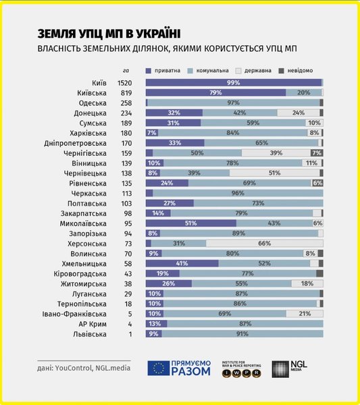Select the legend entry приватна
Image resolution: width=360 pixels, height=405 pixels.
[167, 70]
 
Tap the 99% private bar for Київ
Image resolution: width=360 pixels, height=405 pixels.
[234, 82]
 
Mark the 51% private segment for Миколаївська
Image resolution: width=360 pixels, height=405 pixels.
[191, 223]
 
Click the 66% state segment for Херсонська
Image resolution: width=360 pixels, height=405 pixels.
[264, 243]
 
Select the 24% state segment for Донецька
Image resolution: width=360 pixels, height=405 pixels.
[299, 113]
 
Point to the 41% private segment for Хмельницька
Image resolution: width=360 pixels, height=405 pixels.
[182, 263]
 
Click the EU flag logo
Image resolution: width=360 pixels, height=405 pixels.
[158, 368]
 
